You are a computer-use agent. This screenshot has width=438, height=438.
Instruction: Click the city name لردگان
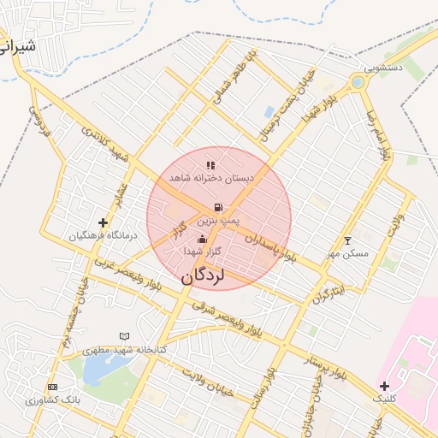coord(204,277)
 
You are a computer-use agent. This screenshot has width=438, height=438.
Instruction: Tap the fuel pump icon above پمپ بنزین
coord(219,207)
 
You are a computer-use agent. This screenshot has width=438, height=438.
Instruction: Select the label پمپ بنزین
coord(219,221)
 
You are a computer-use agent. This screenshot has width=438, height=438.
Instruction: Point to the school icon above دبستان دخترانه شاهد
coord(210,165)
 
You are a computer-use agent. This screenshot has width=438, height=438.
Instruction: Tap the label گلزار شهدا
coord(203,252)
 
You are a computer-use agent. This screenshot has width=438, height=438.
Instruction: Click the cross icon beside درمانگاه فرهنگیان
coord(104,222)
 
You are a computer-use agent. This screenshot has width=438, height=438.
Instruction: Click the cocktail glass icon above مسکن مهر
coord(347,240)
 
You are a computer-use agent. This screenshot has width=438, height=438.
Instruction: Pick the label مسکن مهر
coord(347,253)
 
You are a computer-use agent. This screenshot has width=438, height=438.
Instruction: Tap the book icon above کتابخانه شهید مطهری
coord(125,336)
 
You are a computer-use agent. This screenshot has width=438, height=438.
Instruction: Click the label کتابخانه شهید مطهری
coord(125,350)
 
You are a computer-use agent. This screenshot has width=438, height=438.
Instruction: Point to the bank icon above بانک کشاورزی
coord(52,387)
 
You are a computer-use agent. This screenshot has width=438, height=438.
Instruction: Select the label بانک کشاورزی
coord(52,400)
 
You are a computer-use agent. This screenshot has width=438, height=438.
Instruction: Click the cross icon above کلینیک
coord(384,386)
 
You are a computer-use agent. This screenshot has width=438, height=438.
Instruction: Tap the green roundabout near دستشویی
coord(358,83)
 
